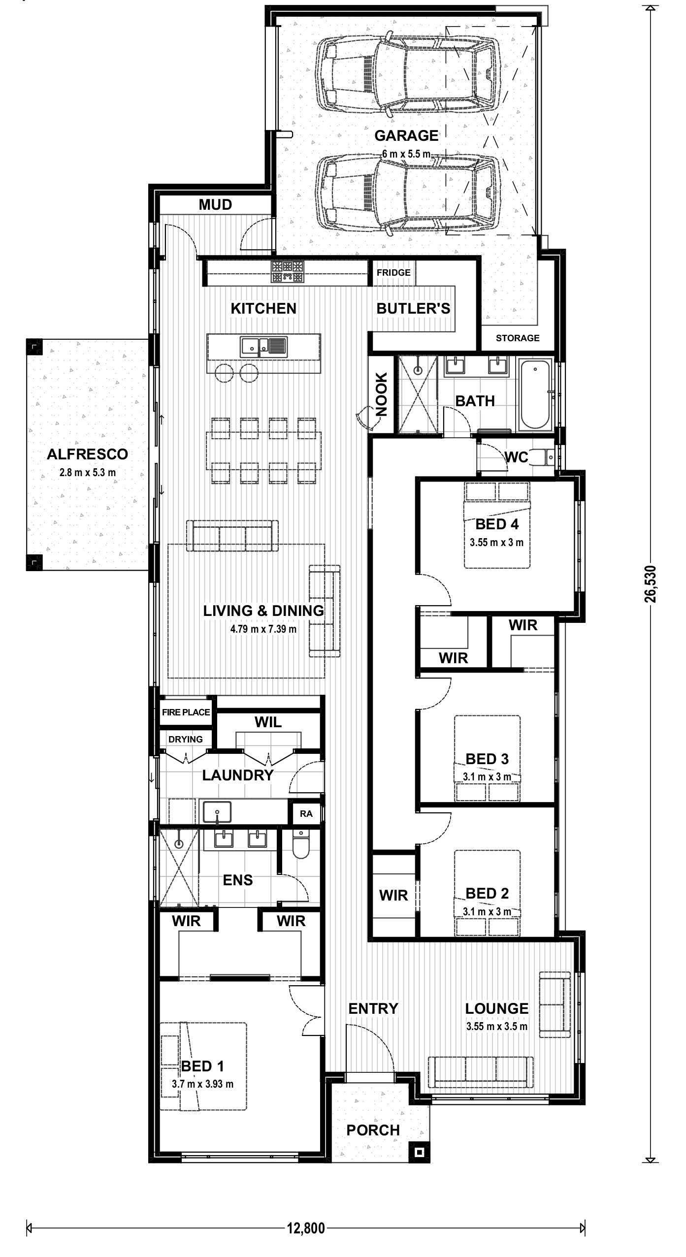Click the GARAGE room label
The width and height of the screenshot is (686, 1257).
(406, 135)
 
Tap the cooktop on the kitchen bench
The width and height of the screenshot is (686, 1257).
(287, 271)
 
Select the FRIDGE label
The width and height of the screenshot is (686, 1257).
(393, 272)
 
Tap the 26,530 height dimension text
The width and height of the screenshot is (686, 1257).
(651, 583)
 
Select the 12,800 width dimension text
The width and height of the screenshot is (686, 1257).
(306, 1228)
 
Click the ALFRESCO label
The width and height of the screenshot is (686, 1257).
(88, 454)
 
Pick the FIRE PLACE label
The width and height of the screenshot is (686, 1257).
(186, 712)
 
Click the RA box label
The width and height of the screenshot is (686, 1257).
(306, 813)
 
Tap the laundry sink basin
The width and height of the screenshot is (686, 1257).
(217, 811)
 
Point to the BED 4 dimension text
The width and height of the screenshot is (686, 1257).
(496, 543)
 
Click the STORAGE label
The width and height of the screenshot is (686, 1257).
(518, 338)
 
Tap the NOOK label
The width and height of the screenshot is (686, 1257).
(382, 395)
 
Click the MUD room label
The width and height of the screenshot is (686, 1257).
(215, 205)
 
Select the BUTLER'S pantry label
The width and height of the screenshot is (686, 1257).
(413, 308)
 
